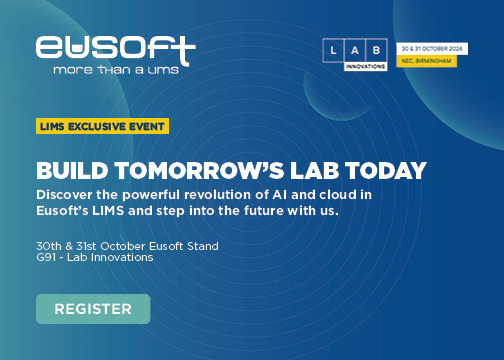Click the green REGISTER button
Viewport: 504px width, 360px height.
[93, 308]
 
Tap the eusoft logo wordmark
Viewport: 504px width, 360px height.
[115, 46]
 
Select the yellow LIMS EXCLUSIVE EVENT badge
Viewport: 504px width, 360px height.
[102, 126]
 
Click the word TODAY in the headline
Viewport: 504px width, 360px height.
[383, 169]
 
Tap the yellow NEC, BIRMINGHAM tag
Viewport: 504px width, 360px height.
[426, 61]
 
